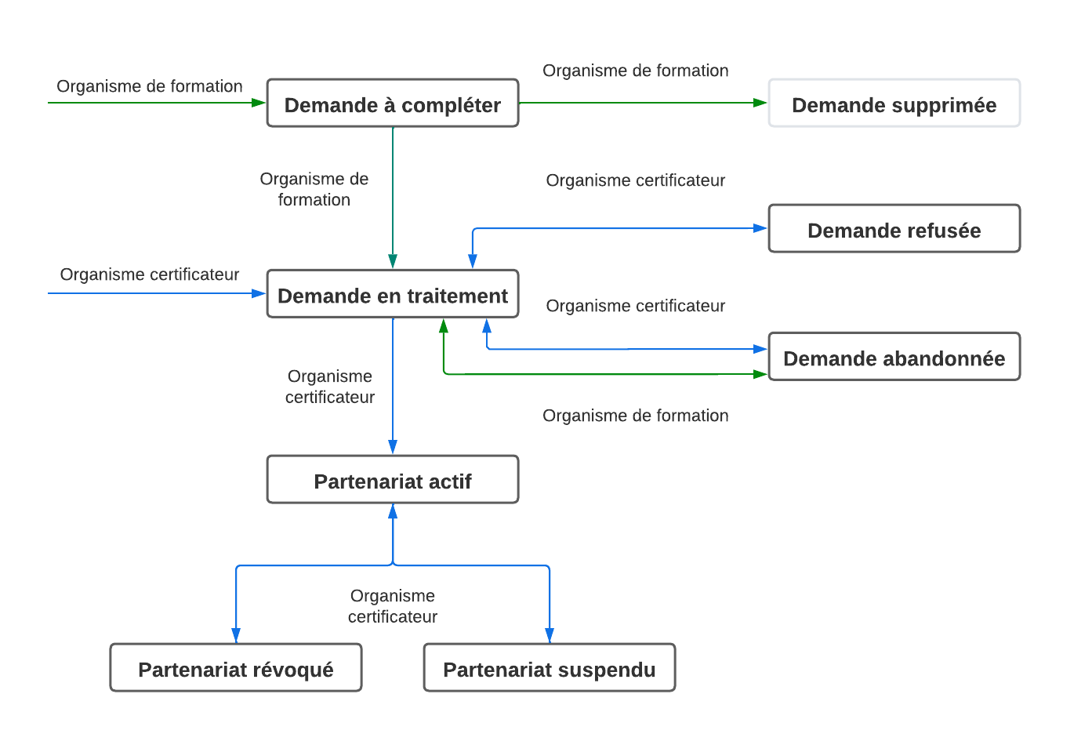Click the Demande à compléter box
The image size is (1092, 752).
393,104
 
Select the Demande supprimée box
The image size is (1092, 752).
894,104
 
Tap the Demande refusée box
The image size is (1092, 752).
894,229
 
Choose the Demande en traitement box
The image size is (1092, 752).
393,294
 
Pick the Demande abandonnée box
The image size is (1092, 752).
894,357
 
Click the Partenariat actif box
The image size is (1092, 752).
393,480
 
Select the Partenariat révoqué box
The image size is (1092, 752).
236,668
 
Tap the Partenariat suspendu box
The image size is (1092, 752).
550,668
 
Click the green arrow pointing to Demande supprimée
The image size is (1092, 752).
643,103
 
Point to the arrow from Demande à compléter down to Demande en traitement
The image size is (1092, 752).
393,196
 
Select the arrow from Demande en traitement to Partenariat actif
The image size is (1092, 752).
393,384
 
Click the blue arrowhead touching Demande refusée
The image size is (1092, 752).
760,228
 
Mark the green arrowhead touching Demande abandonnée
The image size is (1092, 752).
760,374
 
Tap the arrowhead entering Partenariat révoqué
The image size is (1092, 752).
236,635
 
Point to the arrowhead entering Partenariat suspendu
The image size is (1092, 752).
550,635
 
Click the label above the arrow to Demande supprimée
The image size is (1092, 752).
636,71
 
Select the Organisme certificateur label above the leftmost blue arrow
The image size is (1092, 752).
150,274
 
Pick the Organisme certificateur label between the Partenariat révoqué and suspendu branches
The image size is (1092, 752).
393,606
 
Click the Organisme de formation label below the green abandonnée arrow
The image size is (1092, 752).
636,416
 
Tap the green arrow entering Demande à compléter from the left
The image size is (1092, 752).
157,103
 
